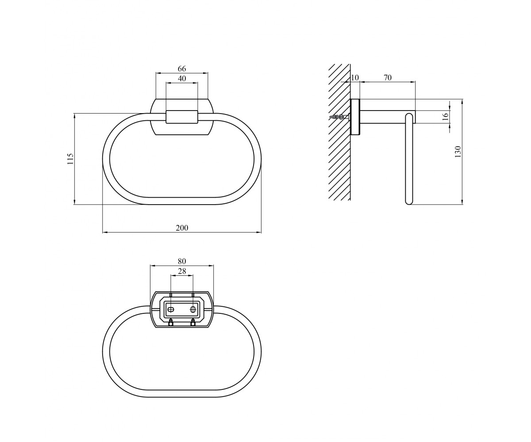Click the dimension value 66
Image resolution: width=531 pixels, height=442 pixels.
(182, 69)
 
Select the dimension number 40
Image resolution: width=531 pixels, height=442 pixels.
(182, 79)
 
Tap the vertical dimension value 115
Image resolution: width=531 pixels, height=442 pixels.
(70, 159)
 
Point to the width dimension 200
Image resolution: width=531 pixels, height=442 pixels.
(182, 228)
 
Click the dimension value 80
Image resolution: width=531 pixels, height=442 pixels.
(182, 261)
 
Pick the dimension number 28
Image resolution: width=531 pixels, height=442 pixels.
(182, 271)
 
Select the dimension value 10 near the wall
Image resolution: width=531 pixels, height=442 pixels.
(354, 77)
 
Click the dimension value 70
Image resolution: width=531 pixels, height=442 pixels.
(387, 77)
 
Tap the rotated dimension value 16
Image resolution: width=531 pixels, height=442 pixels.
(445, 117)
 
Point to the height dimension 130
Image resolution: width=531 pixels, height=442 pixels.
(458, 152)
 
